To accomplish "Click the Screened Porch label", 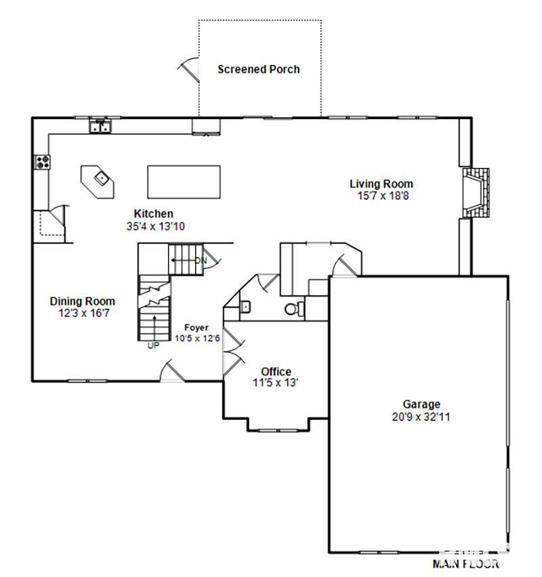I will point(258,69).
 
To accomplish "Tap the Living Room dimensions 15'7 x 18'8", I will point(381,195).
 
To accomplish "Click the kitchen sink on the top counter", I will point(101,126).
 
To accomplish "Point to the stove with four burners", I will point(42,161).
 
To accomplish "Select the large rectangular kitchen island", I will point(185,181).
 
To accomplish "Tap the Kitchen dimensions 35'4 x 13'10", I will point(153,226).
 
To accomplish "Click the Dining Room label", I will point(82,301).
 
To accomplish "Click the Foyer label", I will point(197,328).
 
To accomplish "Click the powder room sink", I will point(245,306).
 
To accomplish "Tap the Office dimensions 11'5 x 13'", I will point(276,383).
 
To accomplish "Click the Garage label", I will point(421,405).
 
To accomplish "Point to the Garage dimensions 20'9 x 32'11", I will point(421,416).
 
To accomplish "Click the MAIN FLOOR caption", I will point(466,563).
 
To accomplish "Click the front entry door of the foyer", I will point(172,372).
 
